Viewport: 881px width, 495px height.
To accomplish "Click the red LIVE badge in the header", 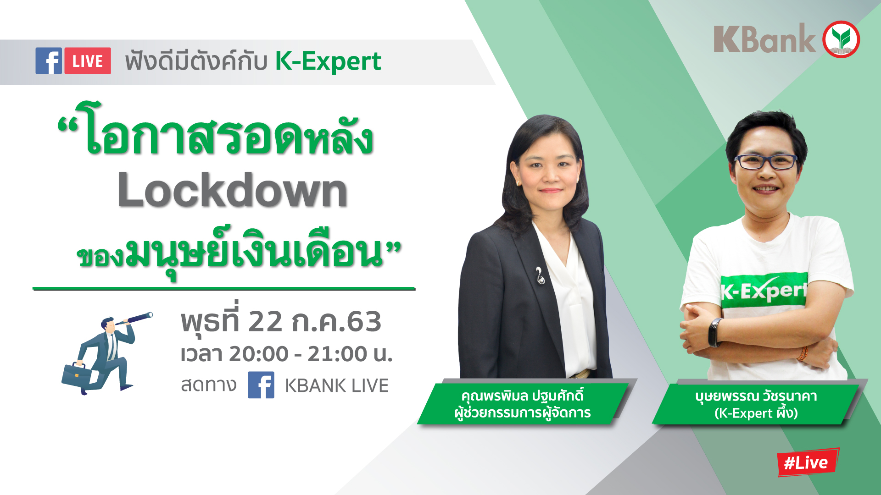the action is pyautogui.click(x=88, y=61).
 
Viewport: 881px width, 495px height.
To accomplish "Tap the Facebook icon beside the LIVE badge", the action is pyautogui.click(x=49, y=61).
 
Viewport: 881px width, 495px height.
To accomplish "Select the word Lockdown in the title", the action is pyautogui.click(x=233, y=191).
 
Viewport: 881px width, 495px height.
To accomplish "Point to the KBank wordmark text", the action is pyautogui.click(x=765, y=39).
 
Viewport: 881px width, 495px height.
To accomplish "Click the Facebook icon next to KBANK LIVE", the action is pyautogui.click(x=261, y=385).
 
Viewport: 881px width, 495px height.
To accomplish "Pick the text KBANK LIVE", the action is pyautogui.click(x=337, y=386).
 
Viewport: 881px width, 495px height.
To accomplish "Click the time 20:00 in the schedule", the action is pyautogui.click(x=259, y=354).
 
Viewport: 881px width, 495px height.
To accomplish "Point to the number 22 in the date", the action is pyautogui.click(x=265, y=322).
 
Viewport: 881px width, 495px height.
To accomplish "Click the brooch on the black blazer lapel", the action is pyautogui.click(x=541, y=275).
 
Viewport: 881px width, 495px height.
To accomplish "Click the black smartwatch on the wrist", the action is pyautogui.click(x=714, y=332).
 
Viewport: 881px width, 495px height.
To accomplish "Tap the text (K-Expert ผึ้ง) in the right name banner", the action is pyautogui.click(x=756, y=413).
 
